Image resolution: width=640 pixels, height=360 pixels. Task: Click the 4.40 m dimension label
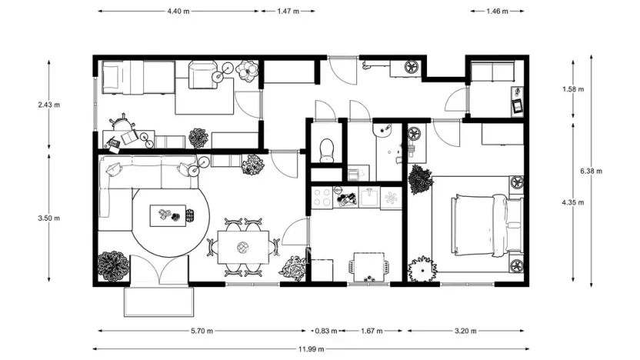(x=178, y=12)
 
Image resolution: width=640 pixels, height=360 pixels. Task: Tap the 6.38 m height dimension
(x=591, y=170)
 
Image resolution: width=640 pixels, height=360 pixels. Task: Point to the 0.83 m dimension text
(x=326, y=332)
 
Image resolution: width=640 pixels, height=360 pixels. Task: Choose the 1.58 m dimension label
(x=573, y=89)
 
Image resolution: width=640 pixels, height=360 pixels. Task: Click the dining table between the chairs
(x=244, y=246)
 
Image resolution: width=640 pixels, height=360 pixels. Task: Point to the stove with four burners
(x=322, y=197)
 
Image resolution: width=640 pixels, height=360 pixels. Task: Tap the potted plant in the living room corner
(x=112, y=265)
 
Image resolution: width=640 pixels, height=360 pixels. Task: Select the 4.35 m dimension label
(x=573, y=202)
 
